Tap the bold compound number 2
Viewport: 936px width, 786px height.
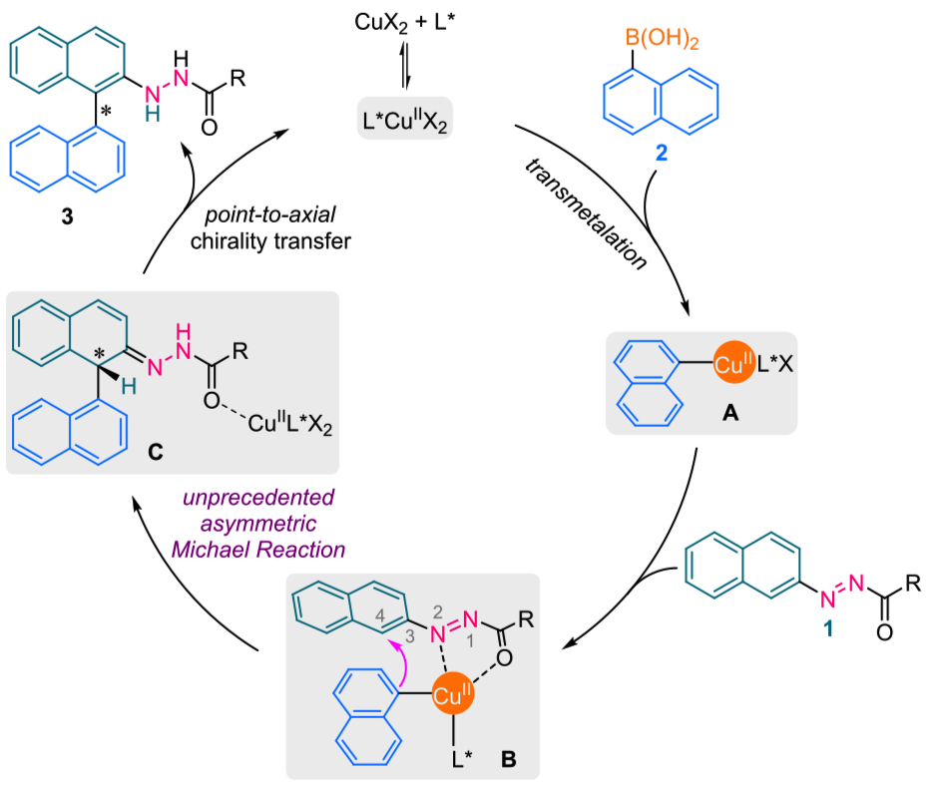pos(663,155)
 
